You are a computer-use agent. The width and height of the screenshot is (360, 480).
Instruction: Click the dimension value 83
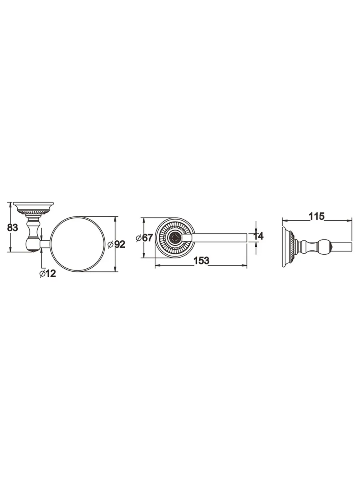click(x=12, y=228)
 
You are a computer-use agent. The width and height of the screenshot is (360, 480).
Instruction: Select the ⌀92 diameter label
click(x=116, y=244)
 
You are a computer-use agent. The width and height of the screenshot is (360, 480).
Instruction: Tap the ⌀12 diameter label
click(x=48, y=273)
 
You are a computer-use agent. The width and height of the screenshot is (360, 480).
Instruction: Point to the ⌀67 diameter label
click(x=144, y=238)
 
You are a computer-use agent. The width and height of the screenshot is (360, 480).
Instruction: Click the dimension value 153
click(x=201, y=260)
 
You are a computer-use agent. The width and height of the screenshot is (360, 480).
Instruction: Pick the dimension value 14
click(x=258, y=236)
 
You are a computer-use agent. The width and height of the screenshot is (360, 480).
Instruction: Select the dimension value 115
click(x=317, y=216)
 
